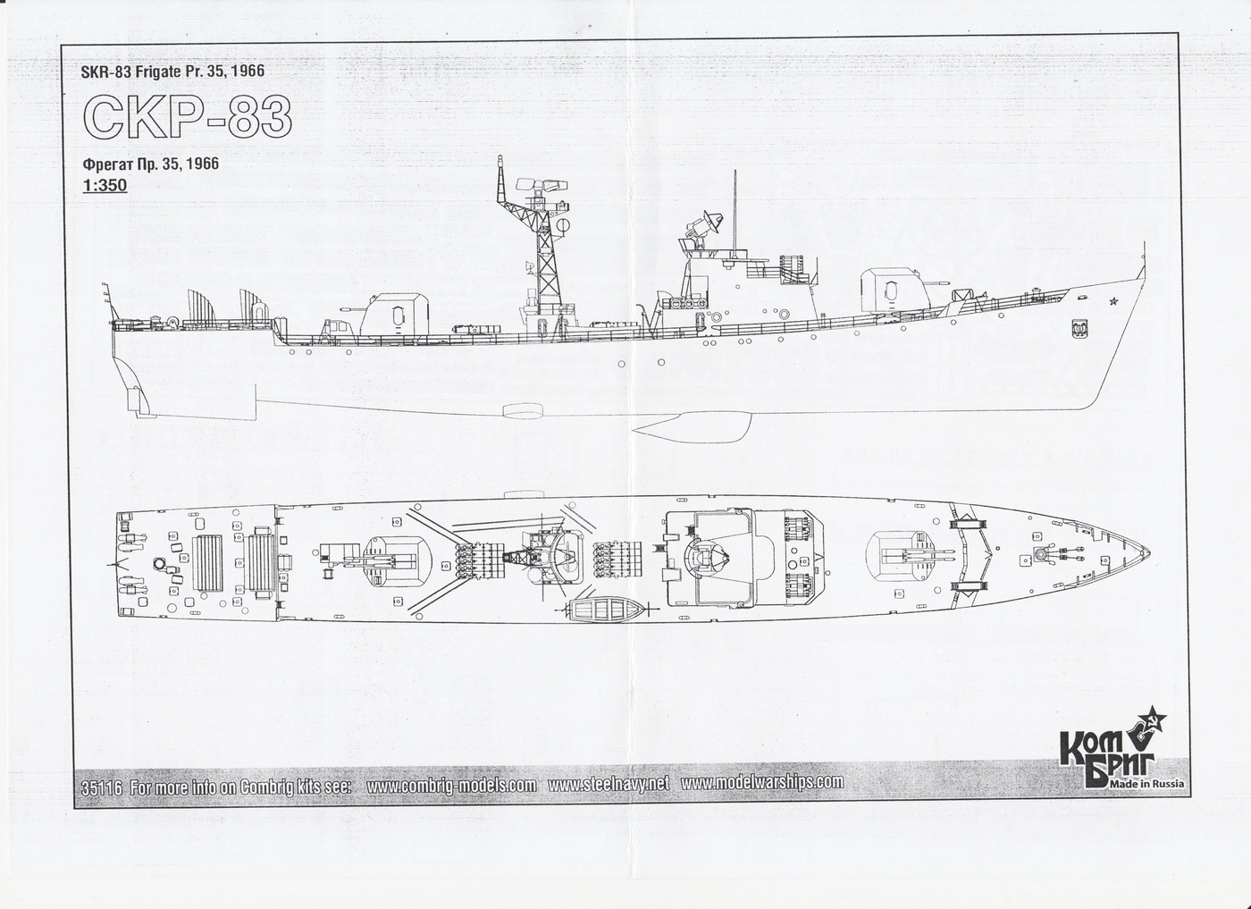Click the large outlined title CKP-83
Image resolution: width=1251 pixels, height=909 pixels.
187,117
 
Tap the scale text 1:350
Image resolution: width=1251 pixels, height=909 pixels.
105,186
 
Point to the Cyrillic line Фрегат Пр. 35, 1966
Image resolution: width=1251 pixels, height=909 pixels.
150,164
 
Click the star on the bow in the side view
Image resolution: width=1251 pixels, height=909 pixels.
1113,301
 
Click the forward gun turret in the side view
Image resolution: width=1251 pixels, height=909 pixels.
888,291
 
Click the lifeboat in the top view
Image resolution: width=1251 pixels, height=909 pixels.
607,611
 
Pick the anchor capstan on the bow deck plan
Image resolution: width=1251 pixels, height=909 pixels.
1040,554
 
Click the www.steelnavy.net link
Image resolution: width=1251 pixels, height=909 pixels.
609,784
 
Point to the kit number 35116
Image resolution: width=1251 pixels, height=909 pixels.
101,787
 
